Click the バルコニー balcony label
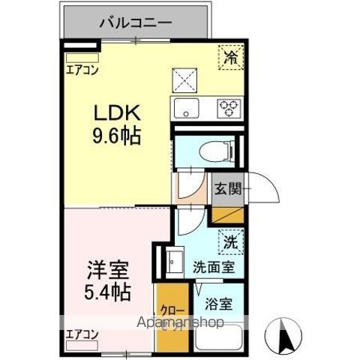tap(136, 22)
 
